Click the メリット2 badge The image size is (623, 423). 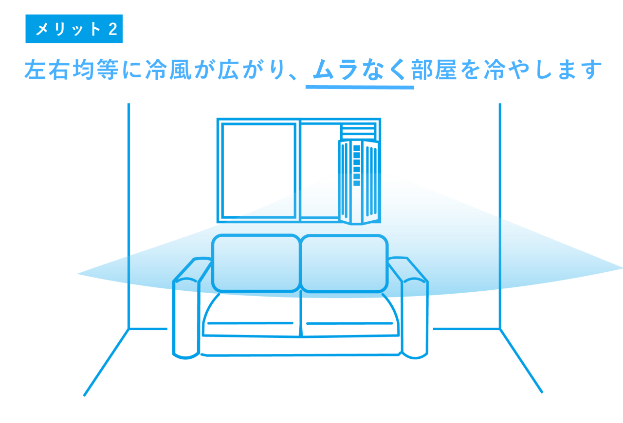pos(74,29)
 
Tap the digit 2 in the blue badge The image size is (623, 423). pos(113,29)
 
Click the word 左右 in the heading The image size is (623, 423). pos(46,70)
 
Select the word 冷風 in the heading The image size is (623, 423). pos(168,70)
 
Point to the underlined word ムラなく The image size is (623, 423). pos(359,70)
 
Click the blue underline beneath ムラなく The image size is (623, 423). pos(360,87)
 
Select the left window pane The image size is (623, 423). pos(258,171)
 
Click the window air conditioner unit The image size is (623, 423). pos(359,182)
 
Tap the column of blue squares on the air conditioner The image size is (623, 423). pos(357,165)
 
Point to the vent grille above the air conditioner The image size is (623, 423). pos(358,132)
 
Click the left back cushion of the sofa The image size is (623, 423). pos(256,263)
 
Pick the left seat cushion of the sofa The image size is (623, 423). pos(252,316)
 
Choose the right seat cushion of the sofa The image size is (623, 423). pos(350,316)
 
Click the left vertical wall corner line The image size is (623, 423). pos(129,216)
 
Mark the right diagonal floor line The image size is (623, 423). pos(521,361)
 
